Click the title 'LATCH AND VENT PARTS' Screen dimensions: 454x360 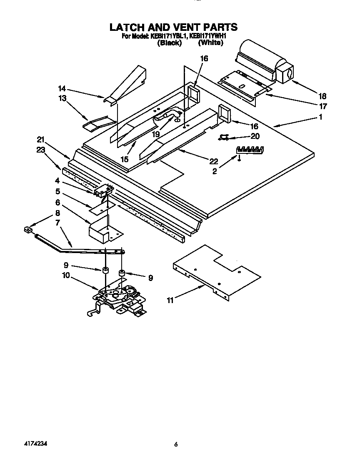[x=173, y=27]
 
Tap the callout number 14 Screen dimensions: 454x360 [x=62, y=88]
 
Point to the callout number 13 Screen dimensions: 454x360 [x=62, y=98]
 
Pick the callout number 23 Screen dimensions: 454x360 [x=40, y=152]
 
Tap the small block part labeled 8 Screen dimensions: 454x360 [x=28, y=229]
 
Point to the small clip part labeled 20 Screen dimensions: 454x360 [x=224, y=137]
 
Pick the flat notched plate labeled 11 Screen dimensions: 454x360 [x=217, y=271]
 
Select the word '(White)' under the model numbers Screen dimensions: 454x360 [x=210, y=43]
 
